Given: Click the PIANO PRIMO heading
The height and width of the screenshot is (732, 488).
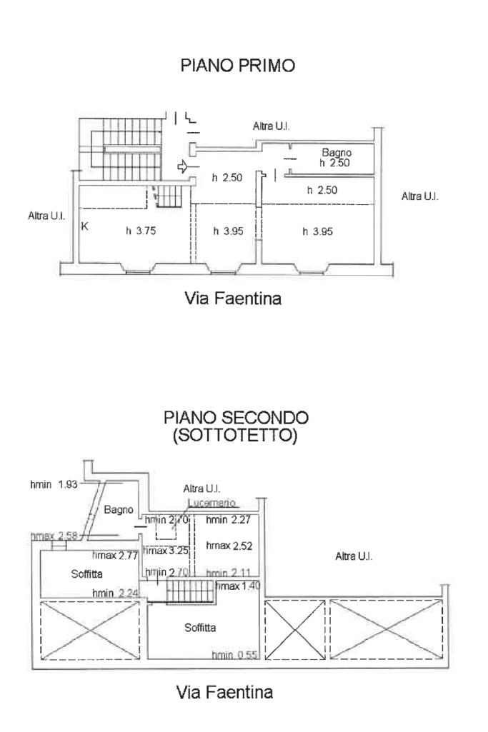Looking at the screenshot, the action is [x=239, y=66].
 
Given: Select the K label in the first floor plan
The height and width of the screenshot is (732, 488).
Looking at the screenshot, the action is [x=85, y=227].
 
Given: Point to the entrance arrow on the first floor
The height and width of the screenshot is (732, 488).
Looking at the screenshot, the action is [x=184, y=168].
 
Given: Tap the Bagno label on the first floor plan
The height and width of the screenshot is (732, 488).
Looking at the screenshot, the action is [x=336, y=152].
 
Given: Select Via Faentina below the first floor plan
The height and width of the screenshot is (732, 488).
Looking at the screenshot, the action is [x=233, y=299].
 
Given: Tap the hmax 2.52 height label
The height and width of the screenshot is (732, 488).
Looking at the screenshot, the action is [x=229, y=546].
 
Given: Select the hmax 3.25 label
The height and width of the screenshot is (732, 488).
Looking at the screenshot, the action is [x=166, y=551].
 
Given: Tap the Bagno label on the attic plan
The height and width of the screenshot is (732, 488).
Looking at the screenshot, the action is [x=119, y=510].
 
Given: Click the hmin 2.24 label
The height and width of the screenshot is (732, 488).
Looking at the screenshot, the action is [x=114, y=593].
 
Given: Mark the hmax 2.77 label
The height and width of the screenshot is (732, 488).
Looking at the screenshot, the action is [x=116, y=555].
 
